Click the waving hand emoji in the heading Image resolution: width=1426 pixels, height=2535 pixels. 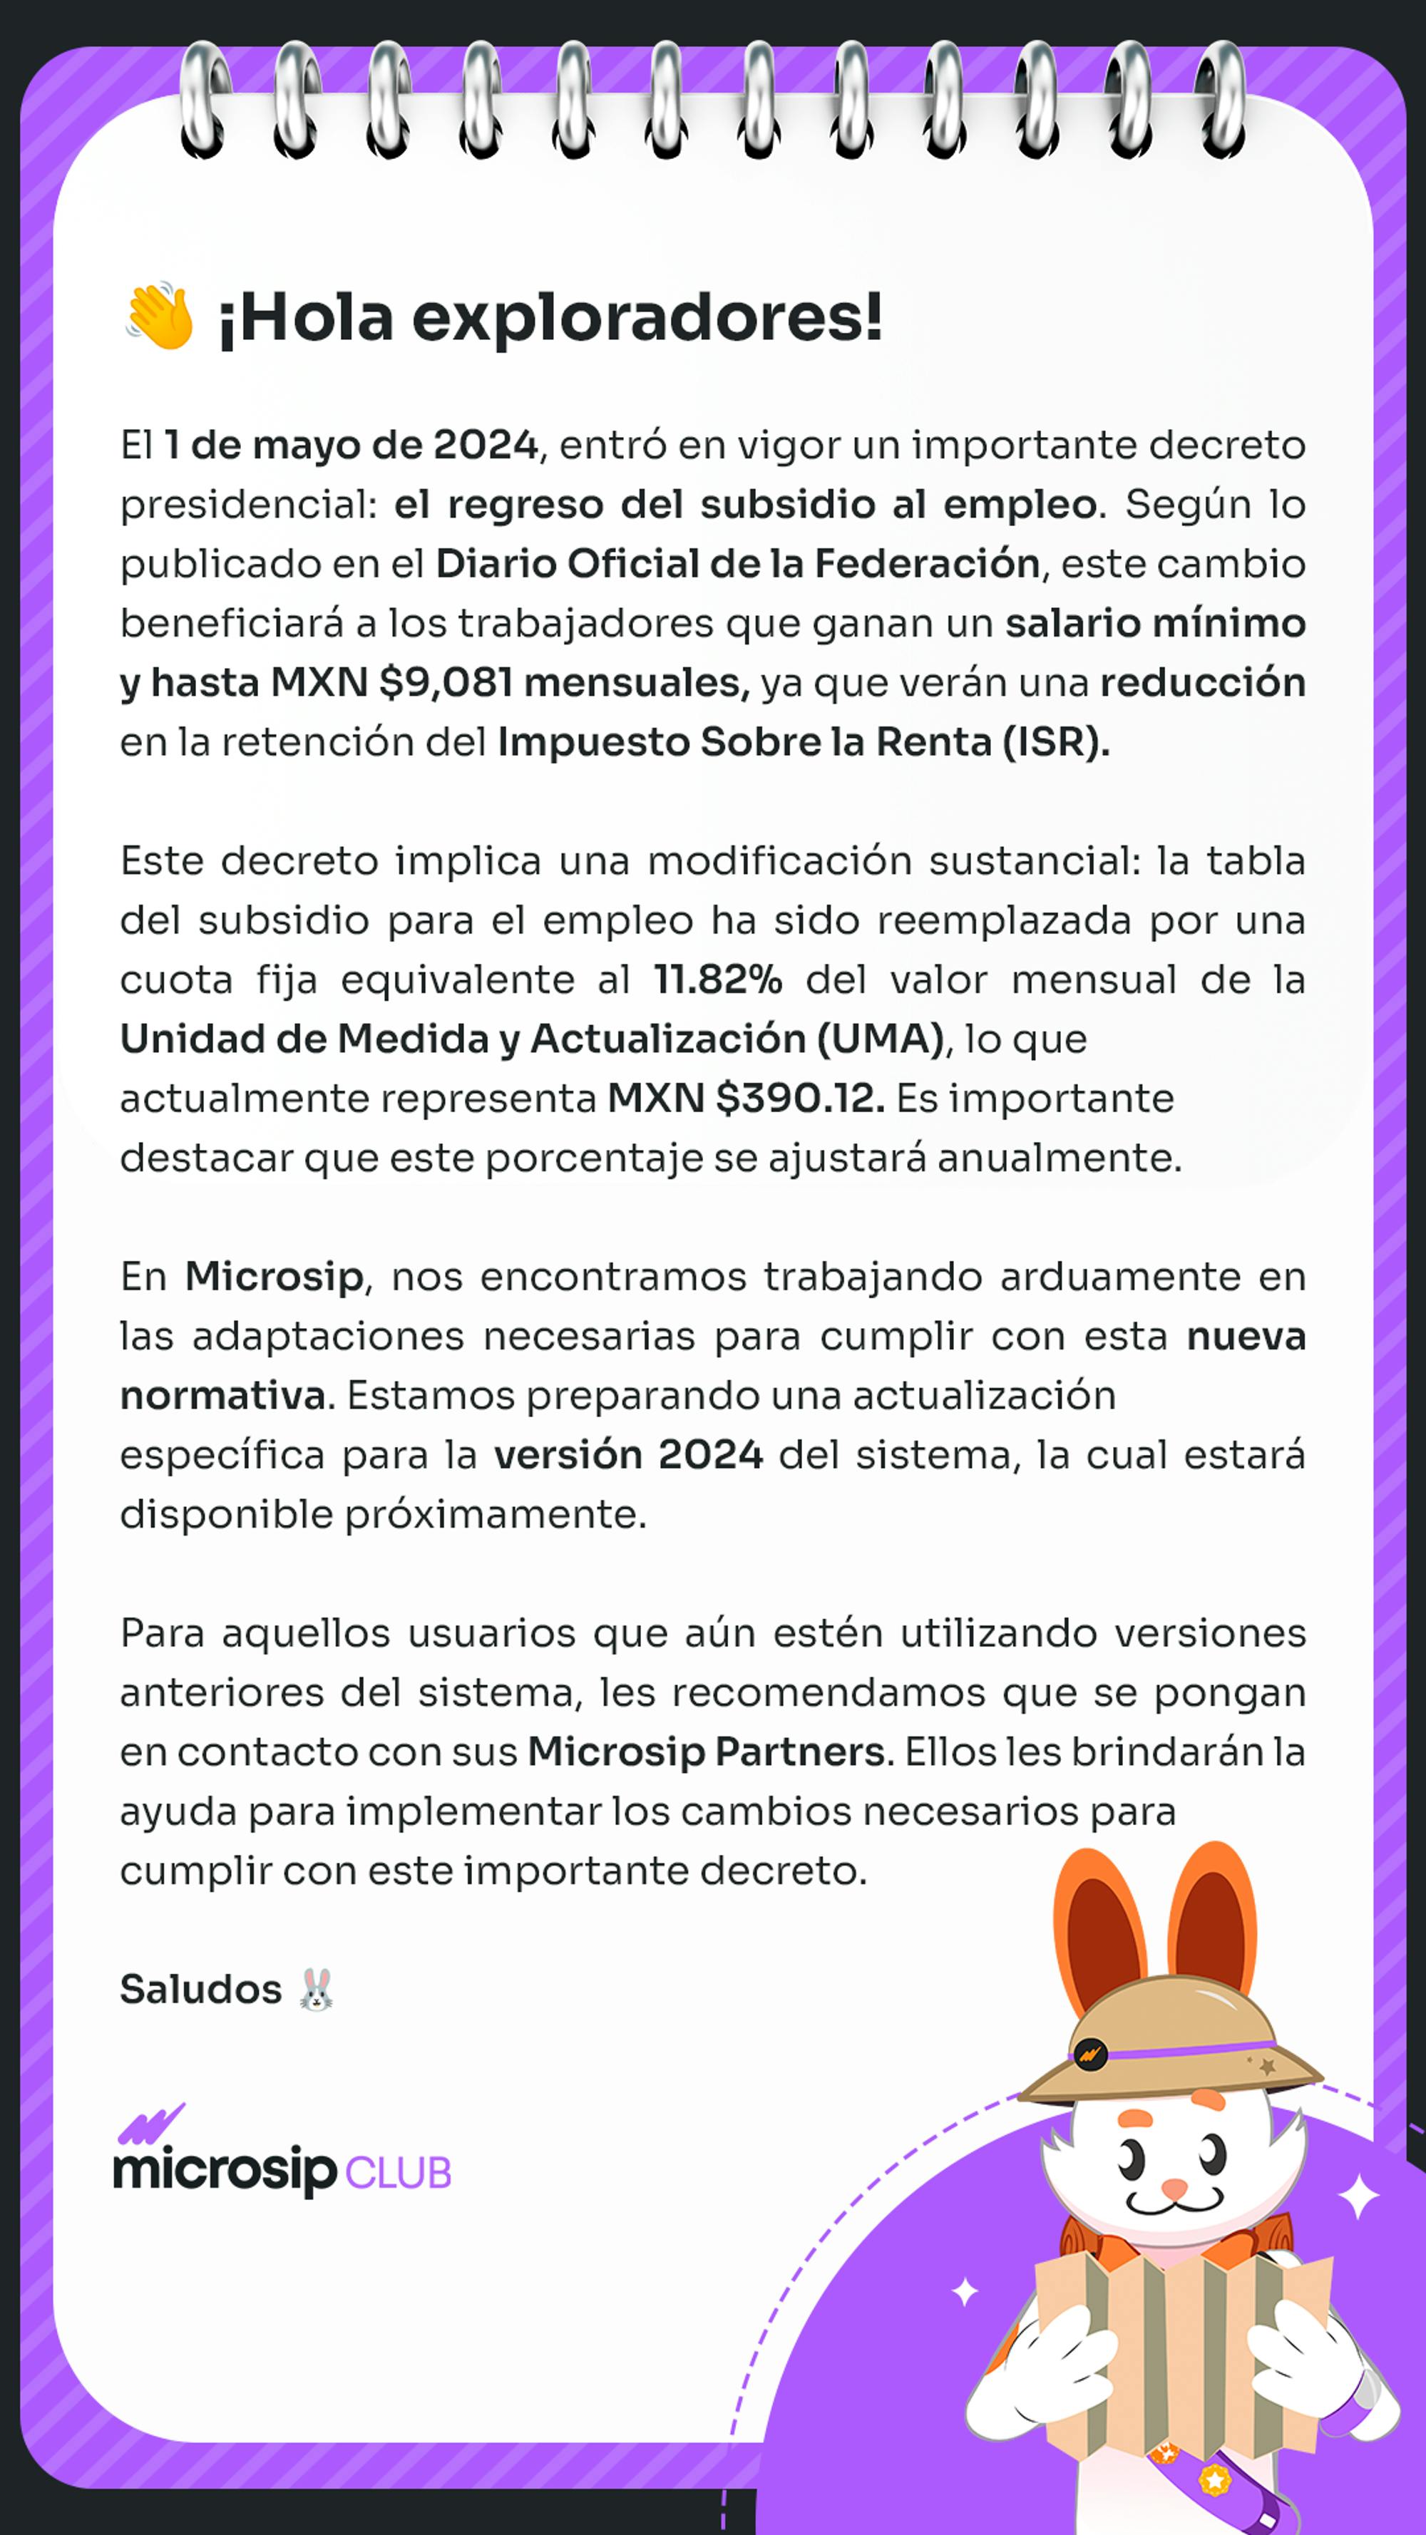tap(158, 316)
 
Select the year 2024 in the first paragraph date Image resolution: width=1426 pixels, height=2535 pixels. tap(485, 445)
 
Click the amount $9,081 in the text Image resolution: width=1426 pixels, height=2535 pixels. tap(445, 683)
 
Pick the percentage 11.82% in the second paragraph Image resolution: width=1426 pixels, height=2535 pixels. tap(717, 980)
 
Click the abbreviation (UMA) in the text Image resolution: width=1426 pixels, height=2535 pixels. tap(880, 1039)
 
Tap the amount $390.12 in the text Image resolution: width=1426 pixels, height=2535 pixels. tap(799, 1099)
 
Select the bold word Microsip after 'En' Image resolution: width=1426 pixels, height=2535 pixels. tap(274, 1277)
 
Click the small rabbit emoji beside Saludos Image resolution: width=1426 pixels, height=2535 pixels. tap(316, 1990)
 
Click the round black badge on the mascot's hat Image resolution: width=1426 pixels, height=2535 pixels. tap(1089, 2054)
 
